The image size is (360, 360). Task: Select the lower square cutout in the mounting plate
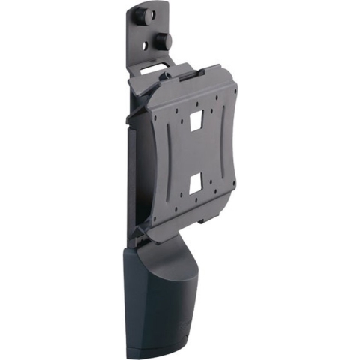click(x=196, y=182)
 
